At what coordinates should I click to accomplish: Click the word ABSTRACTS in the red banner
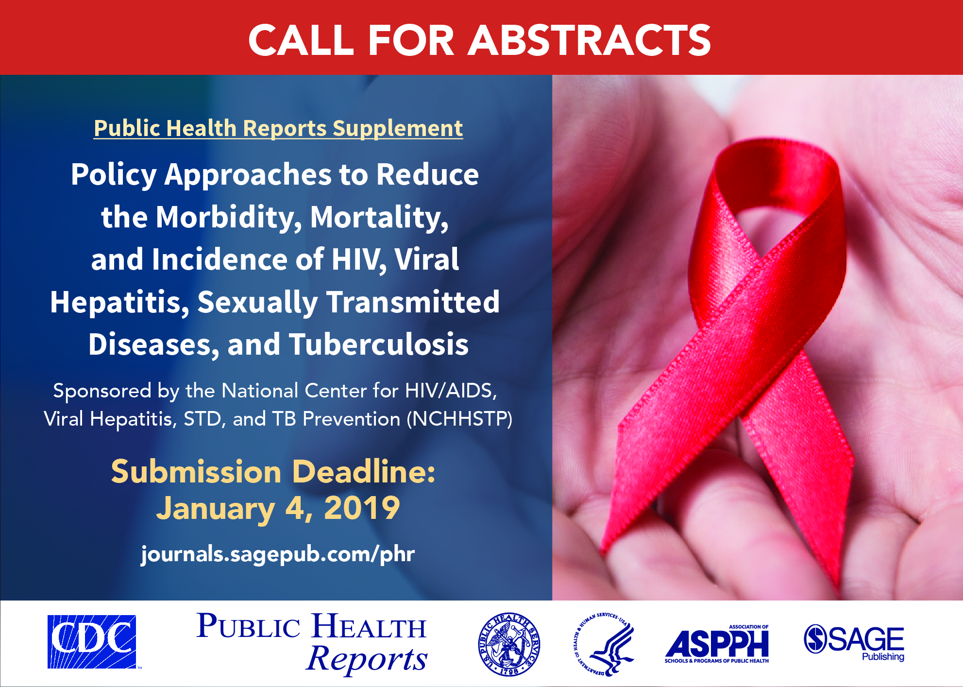click(590, 40)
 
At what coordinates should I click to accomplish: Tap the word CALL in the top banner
click(301, 40)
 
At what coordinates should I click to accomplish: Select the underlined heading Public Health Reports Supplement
click(278, 129)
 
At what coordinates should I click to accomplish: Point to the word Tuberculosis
click(379, 344)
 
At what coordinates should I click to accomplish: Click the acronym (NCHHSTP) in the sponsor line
click(459, 419)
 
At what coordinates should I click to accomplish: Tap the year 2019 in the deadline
click(362, 508)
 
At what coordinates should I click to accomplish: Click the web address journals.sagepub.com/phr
click(278, 554)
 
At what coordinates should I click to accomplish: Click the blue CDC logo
click(92, 642)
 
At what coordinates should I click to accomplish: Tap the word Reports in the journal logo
click(367, 659)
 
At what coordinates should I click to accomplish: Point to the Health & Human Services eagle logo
click(604, 644)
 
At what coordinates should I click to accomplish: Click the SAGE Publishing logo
click(854, 642)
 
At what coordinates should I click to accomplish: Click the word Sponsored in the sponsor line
click(102, 391)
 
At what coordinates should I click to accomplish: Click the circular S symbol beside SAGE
click(815, 638)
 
